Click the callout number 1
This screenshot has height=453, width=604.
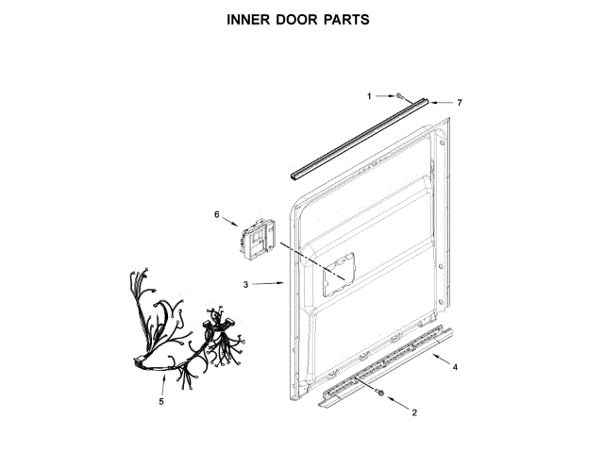pyautogui.click(x=370, y=95)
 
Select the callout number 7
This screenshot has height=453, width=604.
pyautogui.click(x=460, y=102)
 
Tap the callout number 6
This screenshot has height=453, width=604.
pyautogui.click(x=216, y=215)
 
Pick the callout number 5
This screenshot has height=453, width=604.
pyautogui.click(x=161, y=402)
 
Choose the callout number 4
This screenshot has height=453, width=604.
pyautogui.click(x=455, y=366)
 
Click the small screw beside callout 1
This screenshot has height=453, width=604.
pyautogui.click(x=400, y=96)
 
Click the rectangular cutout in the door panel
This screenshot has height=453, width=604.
pyautogui.click(x=341, y=276)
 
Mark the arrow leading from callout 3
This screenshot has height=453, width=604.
pyautogui.click(x=270, y=283)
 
